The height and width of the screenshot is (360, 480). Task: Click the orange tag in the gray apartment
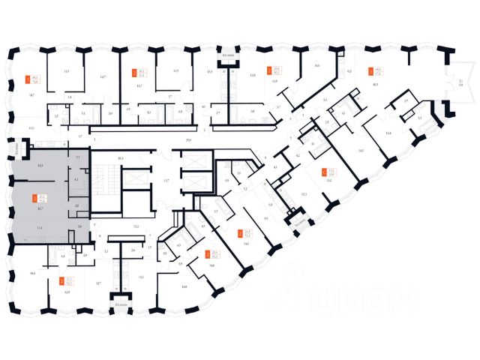tap(34, 199)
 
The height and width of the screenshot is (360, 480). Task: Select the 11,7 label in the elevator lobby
tap(167, 181)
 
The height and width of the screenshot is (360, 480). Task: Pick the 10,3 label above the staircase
tap(120, 158)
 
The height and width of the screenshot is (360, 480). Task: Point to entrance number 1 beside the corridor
tap(95, 141)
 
